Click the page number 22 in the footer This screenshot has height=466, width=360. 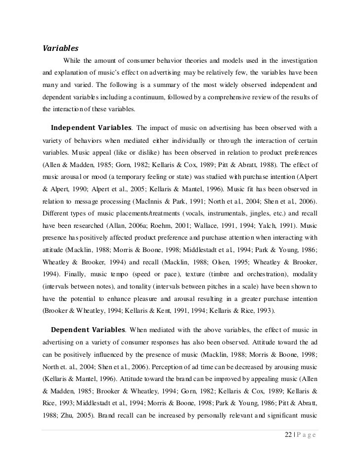(290, 434)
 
